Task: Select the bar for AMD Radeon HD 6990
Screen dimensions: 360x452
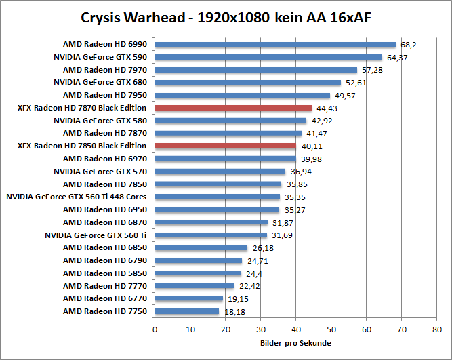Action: (x=275, y=45)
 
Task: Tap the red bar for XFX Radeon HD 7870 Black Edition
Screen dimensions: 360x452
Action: (x=233, y=108)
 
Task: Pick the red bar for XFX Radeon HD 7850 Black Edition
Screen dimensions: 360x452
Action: (x=226, y=146)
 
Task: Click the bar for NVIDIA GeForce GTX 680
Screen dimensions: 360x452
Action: (x=247, y=83)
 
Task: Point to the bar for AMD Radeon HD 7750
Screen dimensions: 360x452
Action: (x=187, y=311)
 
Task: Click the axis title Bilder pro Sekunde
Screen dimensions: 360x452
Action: (x=295, y=343)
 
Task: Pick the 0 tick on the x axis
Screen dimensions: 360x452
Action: (x=155, y=329)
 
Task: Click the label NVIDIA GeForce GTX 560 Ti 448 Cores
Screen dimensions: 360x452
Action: (x=76, y=197)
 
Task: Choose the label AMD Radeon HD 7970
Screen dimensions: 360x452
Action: (x=105, y=70)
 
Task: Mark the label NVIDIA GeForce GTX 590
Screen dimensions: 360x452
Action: (x=100, y=57)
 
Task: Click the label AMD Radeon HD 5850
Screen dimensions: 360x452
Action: (x=105, y=273)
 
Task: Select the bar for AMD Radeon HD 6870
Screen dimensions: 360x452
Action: (x=211, y=222)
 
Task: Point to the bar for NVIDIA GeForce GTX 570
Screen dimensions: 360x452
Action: (x=220, y=172)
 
